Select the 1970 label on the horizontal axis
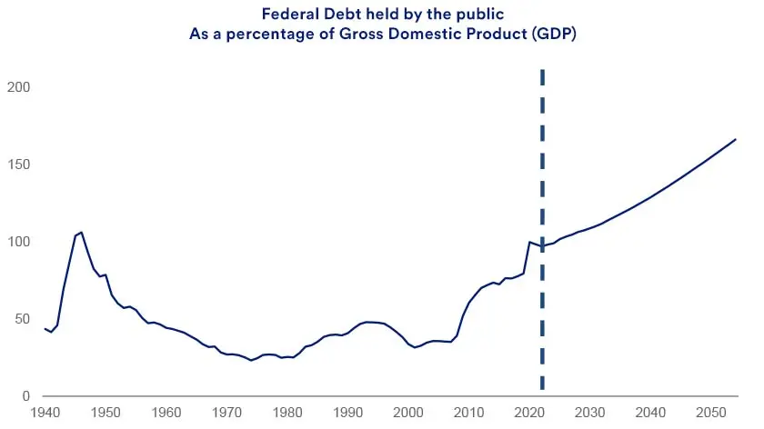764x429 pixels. point(226,413)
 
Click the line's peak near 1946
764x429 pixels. point(82,232)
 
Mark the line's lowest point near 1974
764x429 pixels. point(251,361)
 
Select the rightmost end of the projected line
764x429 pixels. point(735,139)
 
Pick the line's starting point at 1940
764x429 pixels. point(45,328)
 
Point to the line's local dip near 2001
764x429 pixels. point(415,347)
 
